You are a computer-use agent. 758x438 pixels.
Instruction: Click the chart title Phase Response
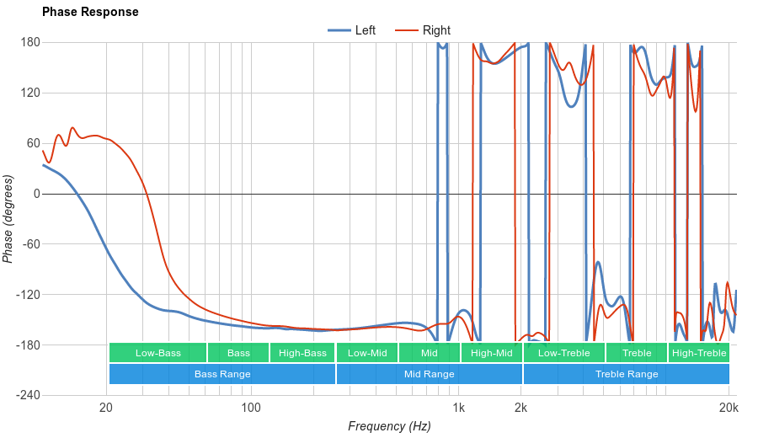pos(90,13)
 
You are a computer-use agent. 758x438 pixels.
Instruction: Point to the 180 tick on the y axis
pos(30,42)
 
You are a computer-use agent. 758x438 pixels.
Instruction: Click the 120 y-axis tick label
pos(30,93)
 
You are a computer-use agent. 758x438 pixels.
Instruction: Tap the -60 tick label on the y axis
pos(30,244)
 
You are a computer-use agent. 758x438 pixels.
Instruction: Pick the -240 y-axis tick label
pos(29,395)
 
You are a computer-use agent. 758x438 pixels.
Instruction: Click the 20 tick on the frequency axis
pos(106,409)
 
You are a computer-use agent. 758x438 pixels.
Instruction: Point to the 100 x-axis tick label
pos(250,409)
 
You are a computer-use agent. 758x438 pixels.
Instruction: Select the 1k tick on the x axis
pos(458,409)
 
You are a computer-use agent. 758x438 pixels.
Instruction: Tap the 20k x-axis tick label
pos(729,409)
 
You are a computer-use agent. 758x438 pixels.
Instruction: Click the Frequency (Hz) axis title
pos(389,426)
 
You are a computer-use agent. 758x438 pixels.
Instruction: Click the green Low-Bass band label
pos(157,353)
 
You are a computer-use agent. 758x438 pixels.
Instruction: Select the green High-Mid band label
pos(492,353)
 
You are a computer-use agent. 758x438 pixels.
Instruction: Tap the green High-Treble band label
pos(699,353)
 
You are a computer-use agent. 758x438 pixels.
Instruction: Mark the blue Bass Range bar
pos(222,374)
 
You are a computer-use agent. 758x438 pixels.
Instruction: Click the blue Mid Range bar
pos(429,374)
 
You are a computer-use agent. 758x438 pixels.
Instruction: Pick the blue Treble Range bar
pos(627,374)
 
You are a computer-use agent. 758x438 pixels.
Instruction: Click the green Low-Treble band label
pos(563,353)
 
